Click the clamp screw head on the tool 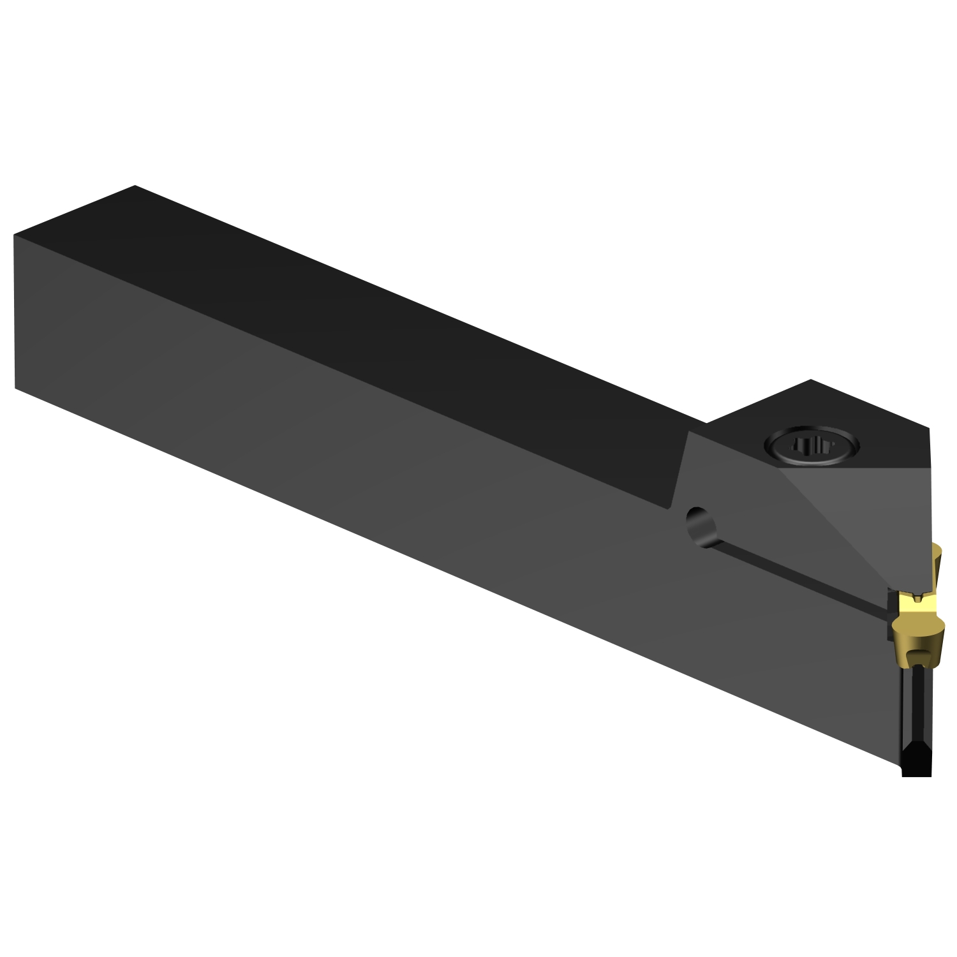(810, 445)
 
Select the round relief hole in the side (702, 526)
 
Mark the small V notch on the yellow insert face (917, 598)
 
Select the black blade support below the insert (916, 715)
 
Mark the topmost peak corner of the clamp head (810, 380)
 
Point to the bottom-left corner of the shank (15, 387)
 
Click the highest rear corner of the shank (135, 186)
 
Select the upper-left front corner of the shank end (14, 235)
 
